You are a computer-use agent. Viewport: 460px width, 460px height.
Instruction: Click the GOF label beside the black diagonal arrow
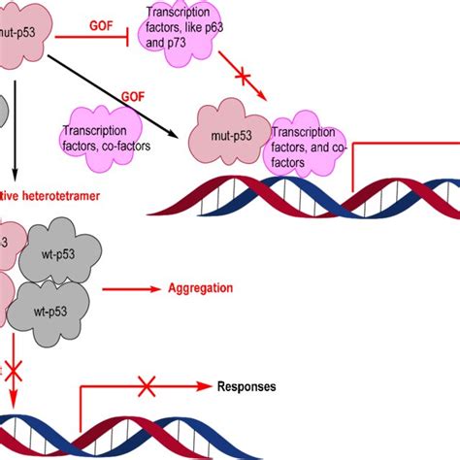click(133, 97)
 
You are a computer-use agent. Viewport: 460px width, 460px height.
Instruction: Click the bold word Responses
click(246, 385)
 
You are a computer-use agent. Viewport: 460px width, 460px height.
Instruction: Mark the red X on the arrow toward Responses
click(147, 387)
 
